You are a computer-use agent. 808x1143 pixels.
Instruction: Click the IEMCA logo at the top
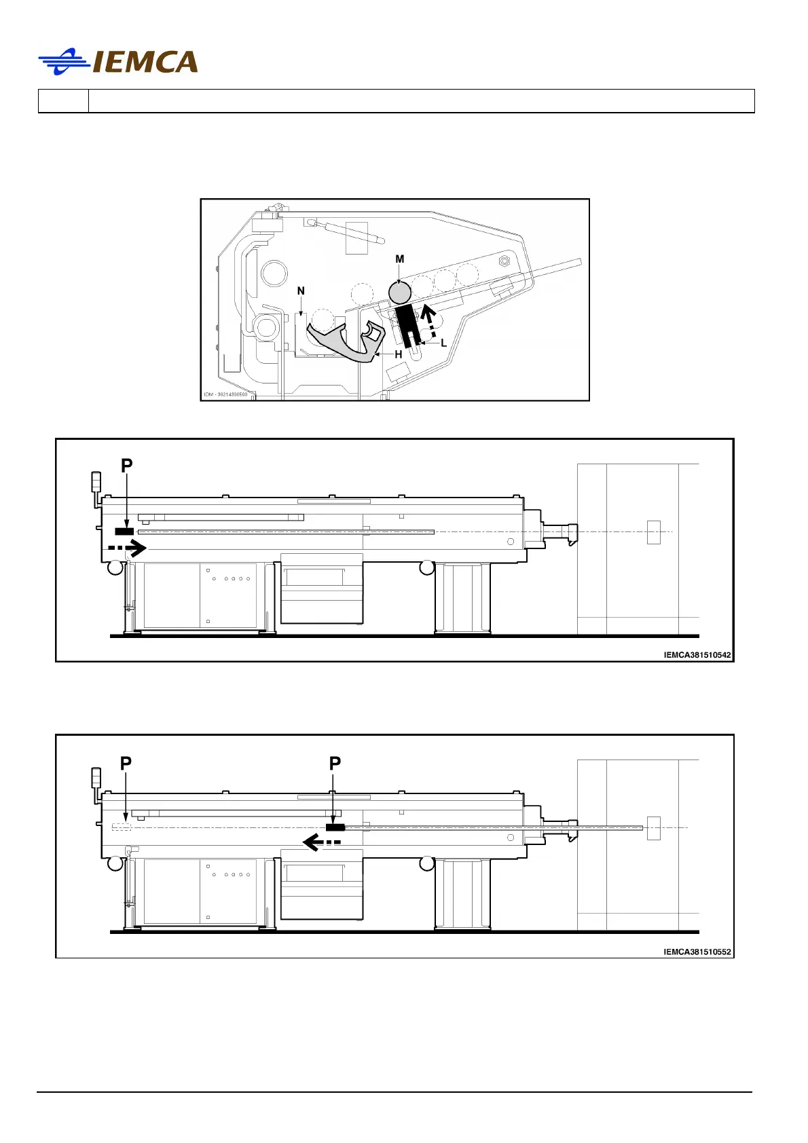pyautogui.click(x=118, y=62)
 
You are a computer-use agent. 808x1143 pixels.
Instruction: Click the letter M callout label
pyautogui.click(x=400, y=259)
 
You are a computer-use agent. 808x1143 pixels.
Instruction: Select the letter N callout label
pyautogui.click(x=301, y=291)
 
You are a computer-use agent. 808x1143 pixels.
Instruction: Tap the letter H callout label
pyautogui.click(x=398, y=354)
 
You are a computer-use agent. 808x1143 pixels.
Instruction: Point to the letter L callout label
pyautogui.click(x=443, y=343)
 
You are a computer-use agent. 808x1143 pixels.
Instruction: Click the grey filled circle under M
pyautogui.click(x=400, y=293)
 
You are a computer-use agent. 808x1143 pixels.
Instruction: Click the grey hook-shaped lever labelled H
pyautogui.click(x=347, y=341)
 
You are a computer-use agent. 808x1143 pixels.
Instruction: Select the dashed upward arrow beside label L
pyautogui.click(x=429, y=322)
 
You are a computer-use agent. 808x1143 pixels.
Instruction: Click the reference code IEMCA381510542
pyautogui.click(x=697, y=655)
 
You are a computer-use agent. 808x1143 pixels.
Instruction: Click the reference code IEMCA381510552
pyautogui.click(x=697, y=952)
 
